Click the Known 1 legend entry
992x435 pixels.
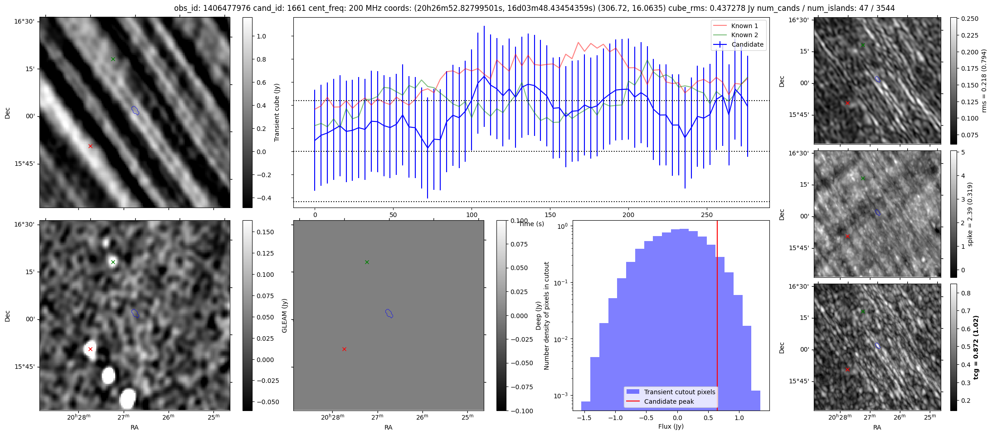(744, 26)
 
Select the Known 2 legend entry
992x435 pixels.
(744, 35)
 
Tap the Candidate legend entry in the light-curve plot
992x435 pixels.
(747, 44)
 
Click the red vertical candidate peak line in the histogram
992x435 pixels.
(717, 317)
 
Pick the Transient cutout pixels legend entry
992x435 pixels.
(679, 392)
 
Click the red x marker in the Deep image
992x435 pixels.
(90, 349)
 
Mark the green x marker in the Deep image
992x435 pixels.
(113, 262)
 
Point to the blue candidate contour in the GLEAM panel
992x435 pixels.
(389, 313)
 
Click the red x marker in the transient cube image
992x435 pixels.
(90, 146)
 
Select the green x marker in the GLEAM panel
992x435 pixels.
(367, 262)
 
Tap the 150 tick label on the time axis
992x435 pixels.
(550, 215)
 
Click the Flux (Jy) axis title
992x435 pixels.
(671, 426)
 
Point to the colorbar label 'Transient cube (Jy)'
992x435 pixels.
(277, 112)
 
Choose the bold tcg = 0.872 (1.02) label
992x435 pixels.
(976, 347)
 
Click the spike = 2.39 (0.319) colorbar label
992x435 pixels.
(970, 214)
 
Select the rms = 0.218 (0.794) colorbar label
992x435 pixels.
(984, 81)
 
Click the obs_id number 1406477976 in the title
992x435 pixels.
(224, 8)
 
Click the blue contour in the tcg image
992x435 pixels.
(877, 346)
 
